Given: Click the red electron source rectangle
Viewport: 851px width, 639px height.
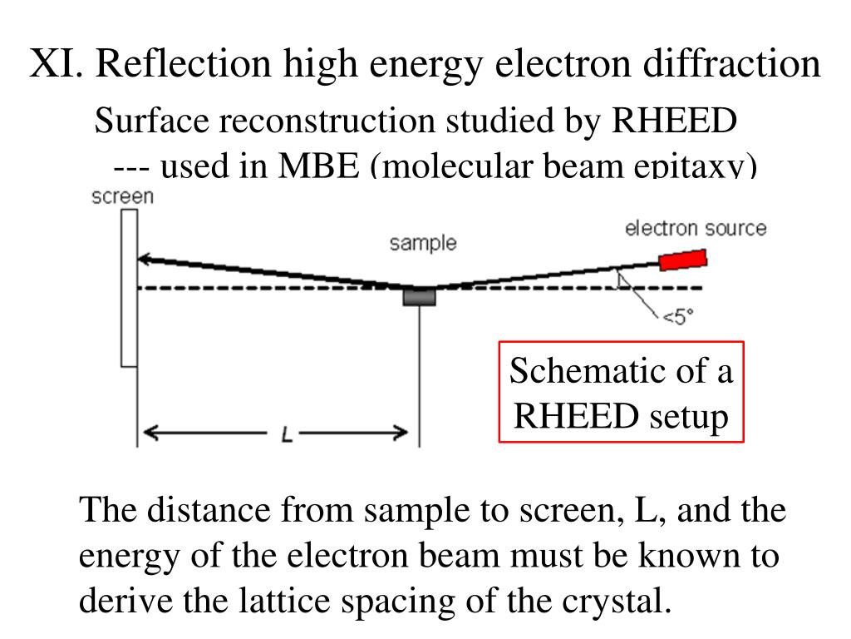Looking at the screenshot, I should click(x=683, y=260).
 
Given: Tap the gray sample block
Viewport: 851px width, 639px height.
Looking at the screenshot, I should click(x=419, y=296).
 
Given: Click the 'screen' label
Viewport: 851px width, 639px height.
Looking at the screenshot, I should click(x=122, y=197).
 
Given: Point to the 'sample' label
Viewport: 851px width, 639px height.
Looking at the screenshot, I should click(x=423, y=243).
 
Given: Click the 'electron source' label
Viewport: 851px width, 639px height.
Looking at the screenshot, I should click(x=696, y=228).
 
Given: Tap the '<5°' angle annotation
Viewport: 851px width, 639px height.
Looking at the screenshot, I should click(x=677, y=316).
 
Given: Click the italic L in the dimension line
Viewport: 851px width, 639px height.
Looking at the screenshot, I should click(x=287, y=433).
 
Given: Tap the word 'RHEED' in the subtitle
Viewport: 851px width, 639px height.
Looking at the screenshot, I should click(x=674, y=121).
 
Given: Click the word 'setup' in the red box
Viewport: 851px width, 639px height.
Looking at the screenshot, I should click(x=686, y=415).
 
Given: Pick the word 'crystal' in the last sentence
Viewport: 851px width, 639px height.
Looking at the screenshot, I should click(x=615, y=600).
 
